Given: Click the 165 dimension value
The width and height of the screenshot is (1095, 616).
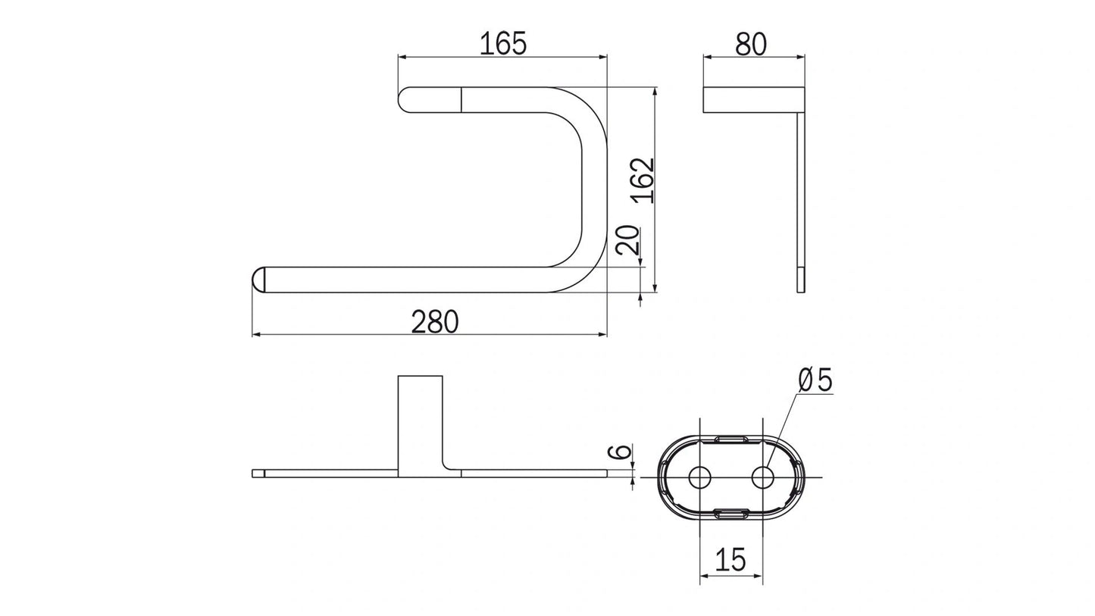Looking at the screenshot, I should point(502,43).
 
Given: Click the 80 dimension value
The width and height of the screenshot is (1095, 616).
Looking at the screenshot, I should point(751,44).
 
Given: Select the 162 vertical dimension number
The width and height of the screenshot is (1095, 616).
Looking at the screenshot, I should point(643,180).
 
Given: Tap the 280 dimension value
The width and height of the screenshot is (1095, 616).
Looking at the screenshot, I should point(435,322).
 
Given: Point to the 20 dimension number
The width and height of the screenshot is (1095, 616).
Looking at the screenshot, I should point(627,240).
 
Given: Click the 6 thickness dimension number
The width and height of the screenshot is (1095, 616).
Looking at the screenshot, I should point(621,452).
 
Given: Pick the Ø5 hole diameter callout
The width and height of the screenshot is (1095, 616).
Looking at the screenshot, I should point(815,380).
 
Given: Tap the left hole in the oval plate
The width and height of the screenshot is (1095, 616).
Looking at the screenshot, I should point(699,477).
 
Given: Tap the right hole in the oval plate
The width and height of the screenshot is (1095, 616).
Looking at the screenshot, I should point(763,477).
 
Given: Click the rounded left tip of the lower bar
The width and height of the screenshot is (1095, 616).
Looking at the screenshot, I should point(258,280).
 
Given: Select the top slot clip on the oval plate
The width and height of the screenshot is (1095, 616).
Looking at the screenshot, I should point(731,439).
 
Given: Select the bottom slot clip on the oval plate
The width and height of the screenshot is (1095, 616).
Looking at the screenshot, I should point(731,515).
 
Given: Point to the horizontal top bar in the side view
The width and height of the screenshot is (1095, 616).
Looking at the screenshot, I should point(753,100).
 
